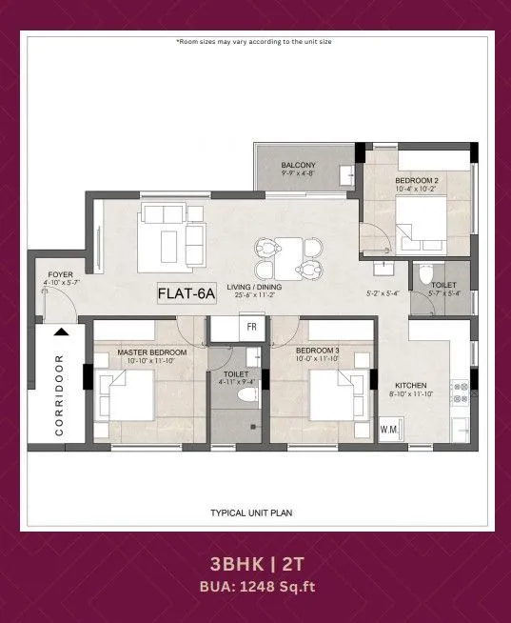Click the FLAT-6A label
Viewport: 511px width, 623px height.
click(x=187, y=295)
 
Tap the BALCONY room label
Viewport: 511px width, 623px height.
click(x=298, y=166)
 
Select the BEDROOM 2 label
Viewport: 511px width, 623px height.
click(x=417, y=181)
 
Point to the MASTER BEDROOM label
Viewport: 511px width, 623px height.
click(x=152, y=353)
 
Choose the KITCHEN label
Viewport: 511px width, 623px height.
click(x=412, y=386)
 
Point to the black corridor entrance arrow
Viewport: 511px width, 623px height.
click(x=61, y=332)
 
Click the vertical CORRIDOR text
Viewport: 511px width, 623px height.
click(x=59, y=395)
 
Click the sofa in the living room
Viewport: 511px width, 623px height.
click(x=171, y=234)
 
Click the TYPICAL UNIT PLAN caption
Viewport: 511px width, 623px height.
click(x=251, y=512)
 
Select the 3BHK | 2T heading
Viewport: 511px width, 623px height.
click(x=255, y=564)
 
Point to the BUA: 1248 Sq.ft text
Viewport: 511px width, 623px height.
click(x=255, y=587)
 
